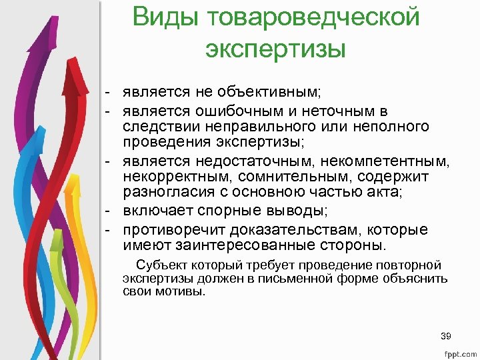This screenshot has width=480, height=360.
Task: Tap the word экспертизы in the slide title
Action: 276,49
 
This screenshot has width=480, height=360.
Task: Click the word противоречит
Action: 173,230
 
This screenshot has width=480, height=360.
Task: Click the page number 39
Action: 447,335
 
